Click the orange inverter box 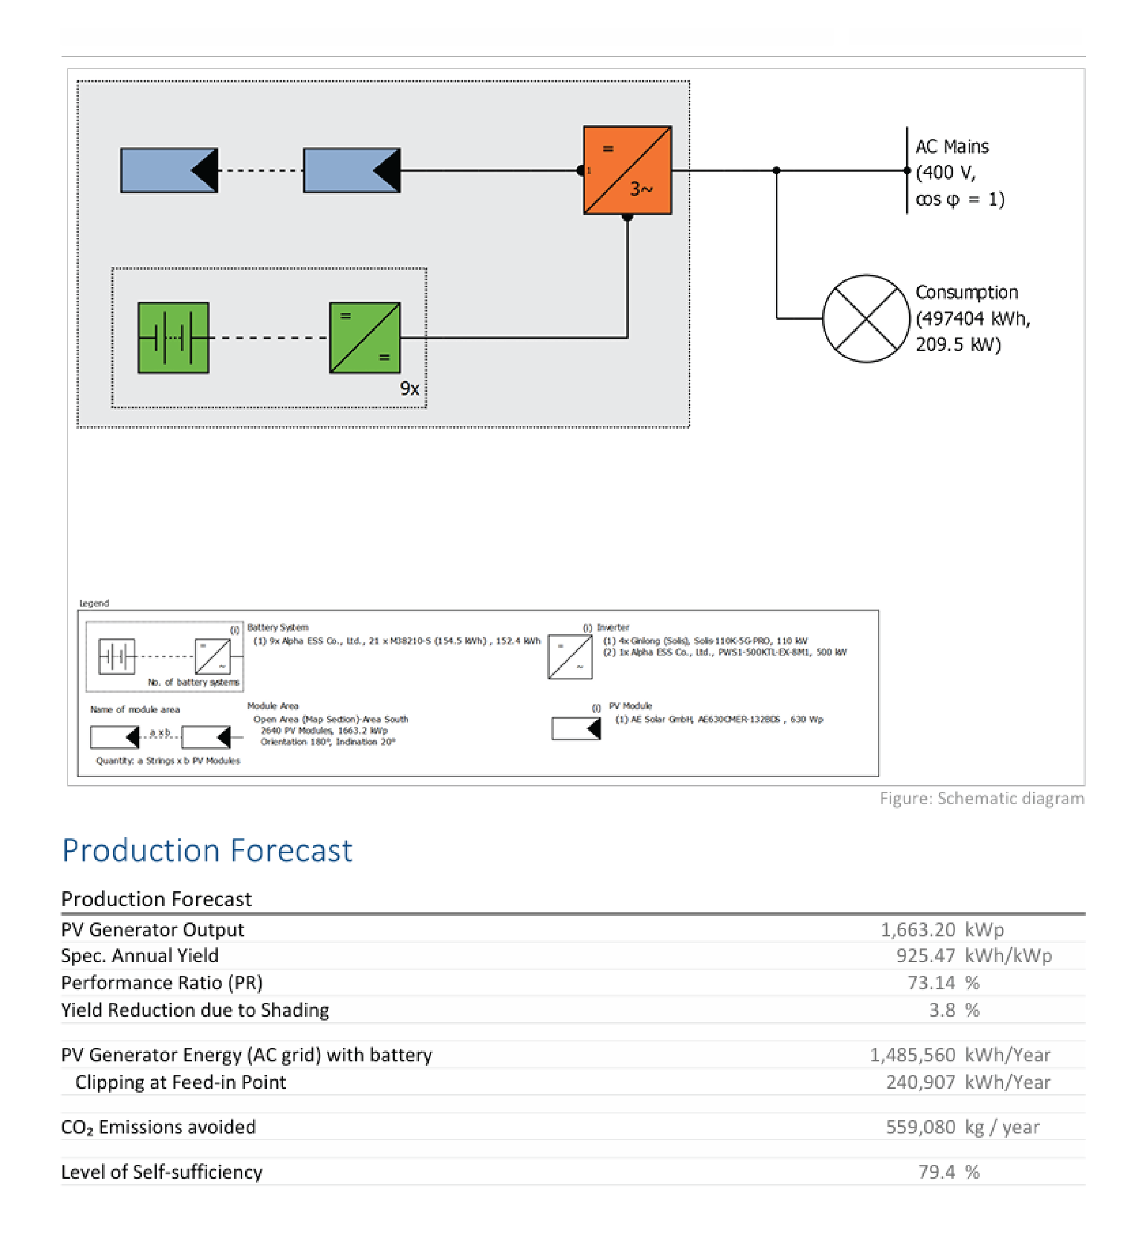[627, 170]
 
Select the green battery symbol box [173, 337]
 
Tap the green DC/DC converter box [365, 337]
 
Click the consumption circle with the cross [866, 318]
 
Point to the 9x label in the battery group [409, 388]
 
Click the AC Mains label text [952, 147]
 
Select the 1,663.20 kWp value [917, 930]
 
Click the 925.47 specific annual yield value [925, 956]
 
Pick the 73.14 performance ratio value [931, 983]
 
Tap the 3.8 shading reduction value [942, 1010]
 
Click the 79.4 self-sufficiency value [936, 1172]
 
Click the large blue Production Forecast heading [207, 850]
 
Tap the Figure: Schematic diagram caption [982, 798]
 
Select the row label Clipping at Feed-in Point [180, 1082]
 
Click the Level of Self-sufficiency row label [162, 1172]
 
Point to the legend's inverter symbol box [570, 656]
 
